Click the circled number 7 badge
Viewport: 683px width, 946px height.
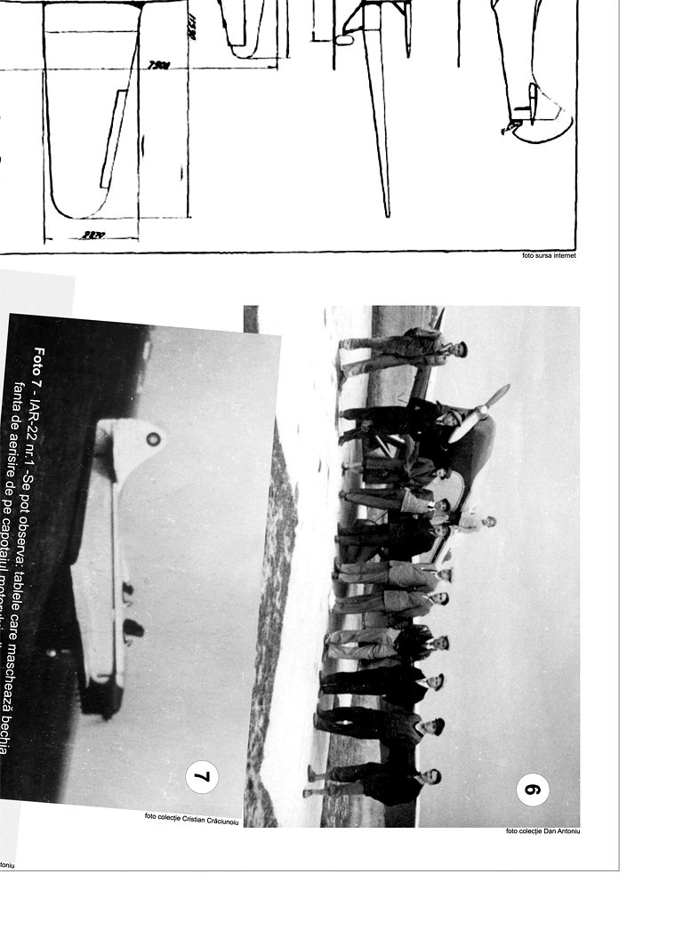[x=202, y=776]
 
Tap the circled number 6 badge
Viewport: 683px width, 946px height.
[x=533, y=789]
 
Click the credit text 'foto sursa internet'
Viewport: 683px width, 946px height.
[x=550, y=255]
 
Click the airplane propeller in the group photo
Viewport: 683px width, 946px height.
[x=480, y=413]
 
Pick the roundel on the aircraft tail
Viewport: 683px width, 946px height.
[x=153, y=438]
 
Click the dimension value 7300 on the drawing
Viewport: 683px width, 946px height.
[x=160, y=65]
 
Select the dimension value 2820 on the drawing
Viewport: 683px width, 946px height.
[x=92, y=235]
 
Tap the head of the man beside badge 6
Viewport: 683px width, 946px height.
[x=435, y=776]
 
